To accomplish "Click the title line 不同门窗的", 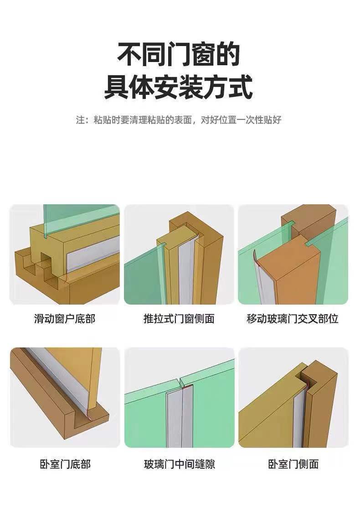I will coord(179,55).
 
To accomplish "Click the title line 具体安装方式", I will coord(179,88).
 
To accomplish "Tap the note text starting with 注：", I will coord(179,120).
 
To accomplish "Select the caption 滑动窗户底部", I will coord(65,318).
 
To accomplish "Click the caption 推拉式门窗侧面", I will coord(179,318).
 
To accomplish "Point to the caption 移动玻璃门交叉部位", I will coord(293,318).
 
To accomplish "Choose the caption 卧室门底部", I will coord(65,464).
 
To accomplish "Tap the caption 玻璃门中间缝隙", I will coord(179,464).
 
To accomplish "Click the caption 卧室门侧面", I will coord(293,464).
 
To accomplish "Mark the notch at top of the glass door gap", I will coord(181,381).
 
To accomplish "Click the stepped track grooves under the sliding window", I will coord(39,269).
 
